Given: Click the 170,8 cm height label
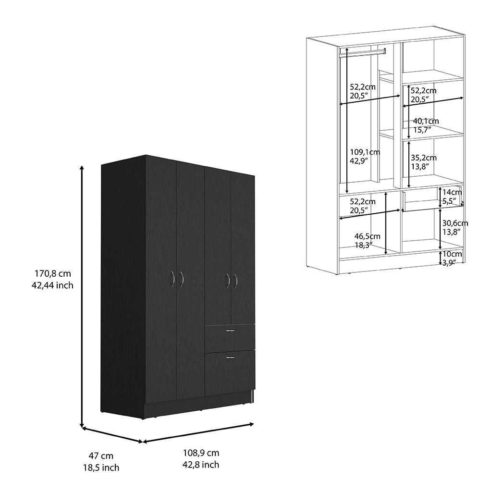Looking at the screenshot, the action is [53, 273].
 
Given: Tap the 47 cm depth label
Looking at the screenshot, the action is [101, 455].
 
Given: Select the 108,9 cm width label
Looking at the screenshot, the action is [201, 453].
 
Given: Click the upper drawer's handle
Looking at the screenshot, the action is [231, 331].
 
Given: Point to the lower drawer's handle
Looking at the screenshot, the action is [231, 357].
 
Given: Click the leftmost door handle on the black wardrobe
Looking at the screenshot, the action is [172, 279].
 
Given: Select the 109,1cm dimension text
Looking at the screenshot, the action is [365, 152].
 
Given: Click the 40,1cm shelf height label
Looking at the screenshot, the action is [426, 121].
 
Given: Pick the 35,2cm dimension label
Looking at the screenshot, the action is [424, 158].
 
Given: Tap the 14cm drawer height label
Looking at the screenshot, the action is [452, 192].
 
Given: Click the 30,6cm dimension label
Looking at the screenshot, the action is [455, 223].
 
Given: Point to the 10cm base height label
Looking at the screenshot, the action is [452, 254].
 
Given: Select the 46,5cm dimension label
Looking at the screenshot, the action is [367, 236].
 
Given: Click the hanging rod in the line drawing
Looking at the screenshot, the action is [362, 51].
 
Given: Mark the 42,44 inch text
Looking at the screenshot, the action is [52, 285].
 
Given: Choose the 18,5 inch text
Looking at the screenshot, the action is [101, 467].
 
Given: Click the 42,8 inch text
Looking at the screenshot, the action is [201, 465].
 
